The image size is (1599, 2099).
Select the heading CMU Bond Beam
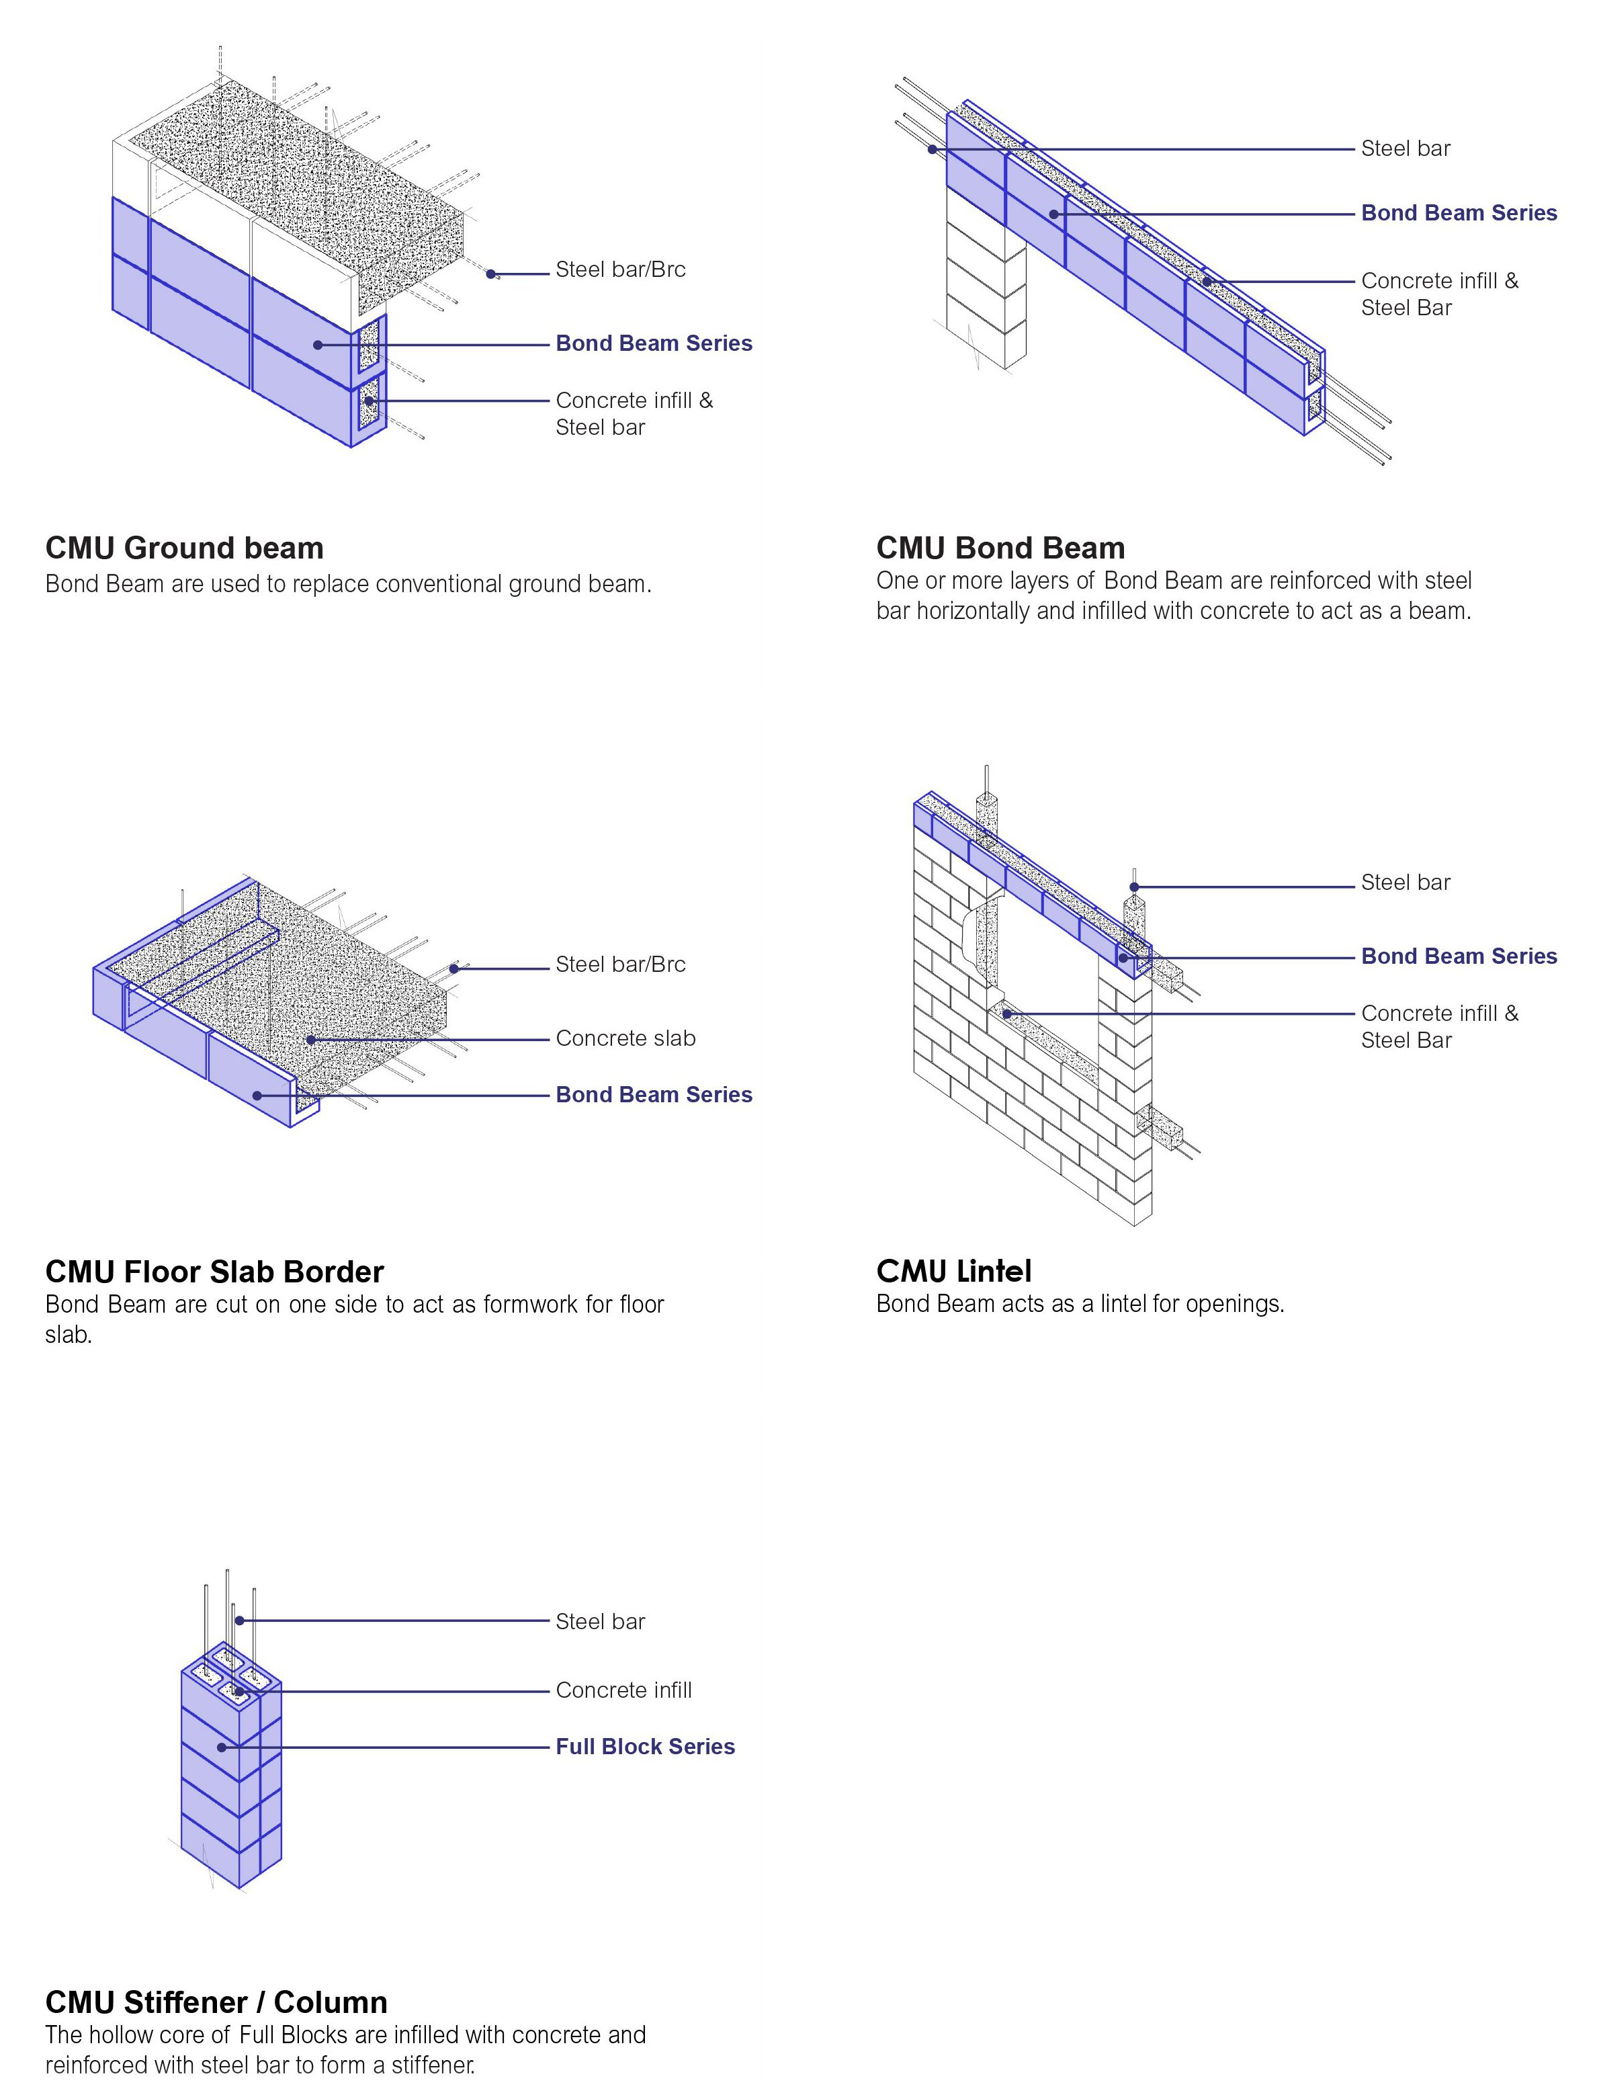pyautogui.click(x=1000, y=548)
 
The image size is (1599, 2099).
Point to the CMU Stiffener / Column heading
pyautogui.click(x=216, y=2002)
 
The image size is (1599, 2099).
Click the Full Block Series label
pyautogui.click(x=644, y=1747)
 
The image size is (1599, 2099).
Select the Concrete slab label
pyautogui.click(x=625, y=1038)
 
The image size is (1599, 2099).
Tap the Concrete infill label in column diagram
pyautogui.click(x=623, y=1690)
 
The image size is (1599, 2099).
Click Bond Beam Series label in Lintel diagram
pyautogui.click(x=1458, y=956)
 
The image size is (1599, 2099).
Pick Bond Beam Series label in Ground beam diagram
pyautogui.click(x=653, y=343)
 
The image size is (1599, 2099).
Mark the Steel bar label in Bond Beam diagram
pyautogui.click(x=1405, y=149)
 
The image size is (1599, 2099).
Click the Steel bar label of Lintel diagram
pyautogui.click(x=1405, y=882)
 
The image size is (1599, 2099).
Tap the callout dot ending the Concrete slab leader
pyautogui.click(x=311, y=1040)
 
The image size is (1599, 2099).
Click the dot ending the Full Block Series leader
pyautogui.click(x=222, y=1747)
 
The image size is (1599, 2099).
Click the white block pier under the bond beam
pyautogui.click(x=985, y=286)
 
